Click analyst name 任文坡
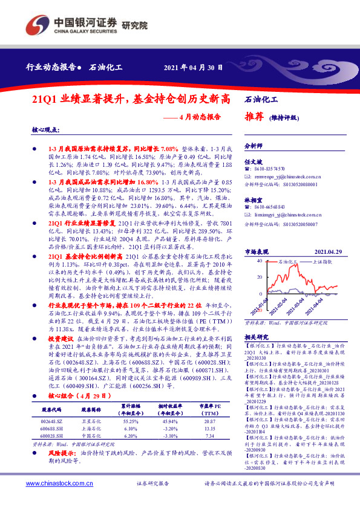[252, 162]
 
